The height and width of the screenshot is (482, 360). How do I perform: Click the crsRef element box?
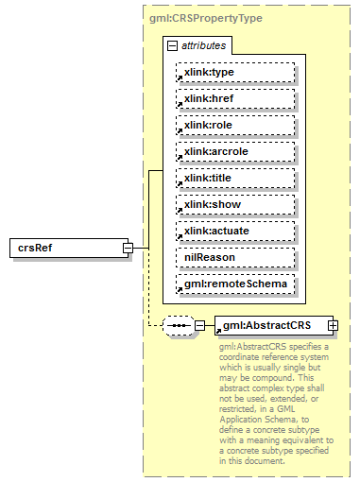[x=66, y=248]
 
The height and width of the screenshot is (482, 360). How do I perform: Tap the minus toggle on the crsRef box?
[x=127, y=248]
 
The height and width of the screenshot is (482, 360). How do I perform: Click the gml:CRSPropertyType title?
[x=206, y=18]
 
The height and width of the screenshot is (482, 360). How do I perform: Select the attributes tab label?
[x=204, y=45]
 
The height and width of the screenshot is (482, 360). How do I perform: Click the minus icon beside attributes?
[x=171, y=45]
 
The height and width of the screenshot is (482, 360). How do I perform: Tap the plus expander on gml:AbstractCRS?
[x=333, y=326]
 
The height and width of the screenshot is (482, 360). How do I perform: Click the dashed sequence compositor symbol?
[x=178, y=326]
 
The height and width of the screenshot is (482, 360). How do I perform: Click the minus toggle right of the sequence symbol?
[x=199, y=326]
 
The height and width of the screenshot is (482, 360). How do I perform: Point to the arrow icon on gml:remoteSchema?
[x=180, y=287]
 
